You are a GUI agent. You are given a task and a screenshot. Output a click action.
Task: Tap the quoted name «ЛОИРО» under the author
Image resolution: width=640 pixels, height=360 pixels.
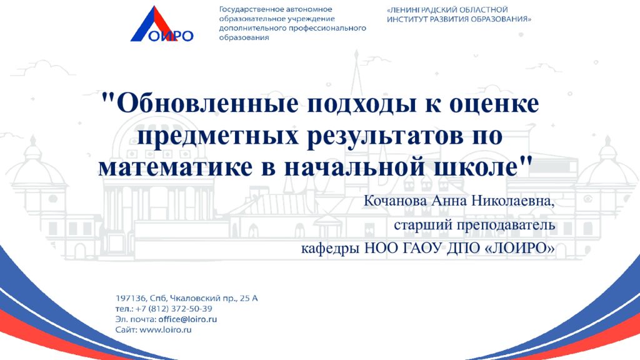click(x=519, y=249)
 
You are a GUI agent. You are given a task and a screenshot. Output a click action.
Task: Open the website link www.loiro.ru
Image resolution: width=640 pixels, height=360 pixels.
click(x=165, y=329)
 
